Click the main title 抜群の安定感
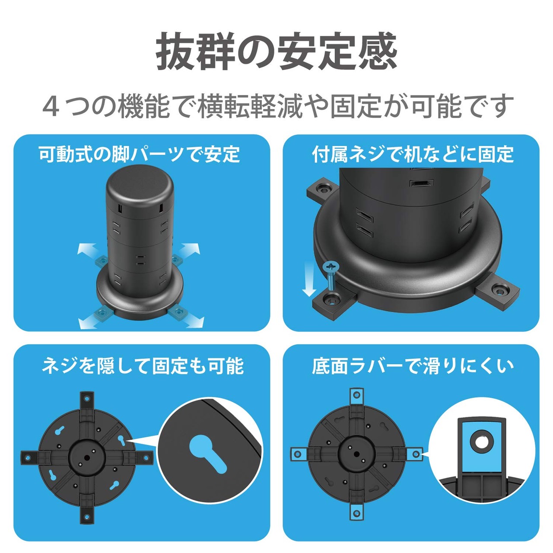276,52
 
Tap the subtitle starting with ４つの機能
276,106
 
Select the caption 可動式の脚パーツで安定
140,154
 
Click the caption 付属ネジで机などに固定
413,154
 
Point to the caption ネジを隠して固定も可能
143,366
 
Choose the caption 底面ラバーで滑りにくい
413,366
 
